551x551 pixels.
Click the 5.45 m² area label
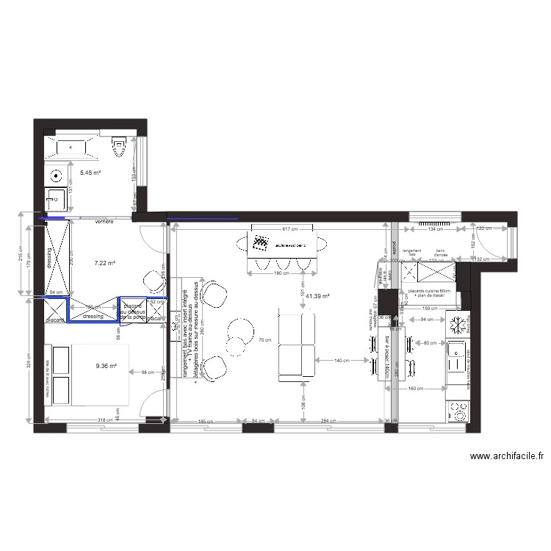coord(90,173)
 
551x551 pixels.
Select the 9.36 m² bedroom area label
coord(106,366)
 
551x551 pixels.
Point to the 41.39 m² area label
coord(317,296)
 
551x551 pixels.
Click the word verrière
coord(104,221)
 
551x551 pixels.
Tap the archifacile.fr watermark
coord(506,456)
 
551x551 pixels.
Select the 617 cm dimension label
coord(280,229)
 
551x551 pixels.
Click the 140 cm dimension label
coord(342,361)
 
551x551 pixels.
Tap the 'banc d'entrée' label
coord(441,252)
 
